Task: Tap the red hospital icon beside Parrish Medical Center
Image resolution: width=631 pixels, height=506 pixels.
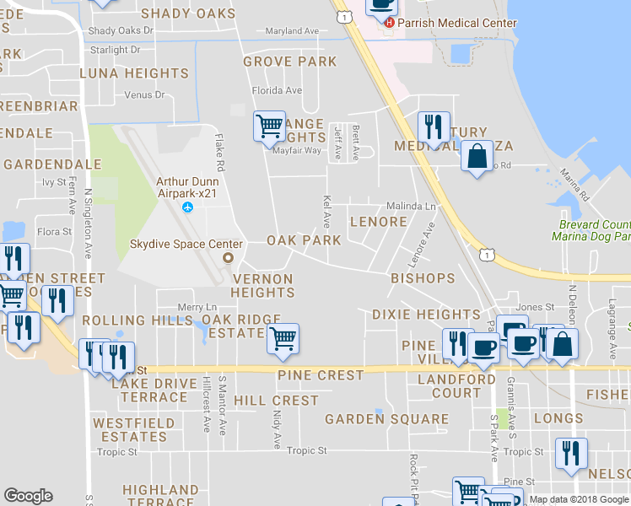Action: click(389, 22)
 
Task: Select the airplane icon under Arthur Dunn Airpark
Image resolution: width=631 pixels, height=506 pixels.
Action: click(187, 207)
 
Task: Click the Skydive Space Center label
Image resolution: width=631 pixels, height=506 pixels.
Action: click(186, 244)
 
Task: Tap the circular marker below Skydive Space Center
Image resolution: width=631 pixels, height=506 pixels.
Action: click(226, 258)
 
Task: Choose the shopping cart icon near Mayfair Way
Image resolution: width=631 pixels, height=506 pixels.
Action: click(269, 126)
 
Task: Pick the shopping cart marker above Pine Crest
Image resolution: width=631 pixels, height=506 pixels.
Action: click(283, 338)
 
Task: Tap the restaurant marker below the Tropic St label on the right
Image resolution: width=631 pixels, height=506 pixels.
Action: click(571, 453)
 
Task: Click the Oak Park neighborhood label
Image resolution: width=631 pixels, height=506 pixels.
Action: click(304, 240)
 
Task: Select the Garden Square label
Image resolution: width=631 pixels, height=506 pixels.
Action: click(387, 419)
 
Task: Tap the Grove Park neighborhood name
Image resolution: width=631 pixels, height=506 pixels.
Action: click(289, 62)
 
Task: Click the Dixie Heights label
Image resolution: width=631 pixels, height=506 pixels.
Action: click(426, 315)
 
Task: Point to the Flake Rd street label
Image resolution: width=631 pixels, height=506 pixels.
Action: click(218, 148)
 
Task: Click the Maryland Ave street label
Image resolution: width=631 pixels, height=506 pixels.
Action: click(292, 31)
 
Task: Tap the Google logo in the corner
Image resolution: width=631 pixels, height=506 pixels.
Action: click(28, 496)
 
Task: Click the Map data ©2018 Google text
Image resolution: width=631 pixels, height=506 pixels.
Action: click(580, 500)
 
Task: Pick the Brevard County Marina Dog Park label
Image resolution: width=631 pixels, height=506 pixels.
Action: click(595, 231)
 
